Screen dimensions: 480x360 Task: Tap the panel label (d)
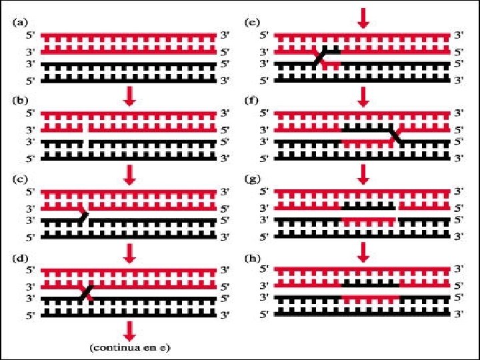[20, 259]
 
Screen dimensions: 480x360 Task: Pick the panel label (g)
[253, 181]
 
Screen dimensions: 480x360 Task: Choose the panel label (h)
[253, 259]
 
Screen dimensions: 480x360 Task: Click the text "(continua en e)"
[130, 347]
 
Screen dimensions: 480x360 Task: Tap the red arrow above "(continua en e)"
[130, 329]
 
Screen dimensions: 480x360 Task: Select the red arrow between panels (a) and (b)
[130, 97]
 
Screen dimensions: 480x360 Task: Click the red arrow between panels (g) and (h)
[363, 252]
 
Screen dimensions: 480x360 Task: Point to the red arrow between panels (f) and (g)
[363, 175]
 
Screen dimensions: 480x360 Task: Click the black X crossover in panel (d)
[85, 293]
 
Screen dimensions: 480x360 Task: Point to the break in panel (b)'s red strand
[85, 127]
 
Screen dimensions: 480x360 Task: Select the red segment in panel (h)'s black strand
[370, 298]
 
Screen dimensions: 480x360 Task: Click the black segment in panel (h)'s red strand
[370, 283]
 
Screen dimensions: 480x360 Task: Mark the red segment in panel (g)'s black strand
[368, 220]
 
